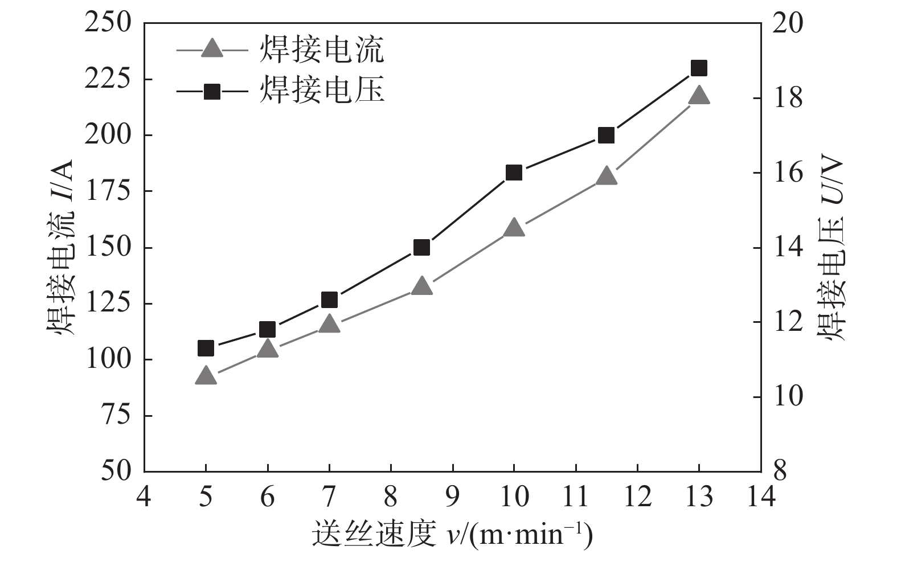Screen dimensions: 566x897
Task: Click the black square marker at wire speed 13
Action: click(699, 68)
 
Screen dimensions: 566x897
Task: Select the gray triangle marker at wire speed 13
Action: click(699, 96)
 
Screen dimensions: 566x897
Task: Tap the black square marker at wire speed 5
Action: click(206, 348)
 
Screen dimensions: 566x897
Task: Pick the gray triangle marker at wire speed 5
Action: click(206, 376)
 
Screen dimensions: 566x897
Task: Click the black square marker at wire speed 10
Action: click(514, 173)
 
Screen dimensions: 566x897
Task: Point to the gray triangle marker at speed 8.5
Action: click(421, 286)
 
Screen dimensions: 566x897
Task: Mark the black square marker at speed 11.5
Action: click(606, 136)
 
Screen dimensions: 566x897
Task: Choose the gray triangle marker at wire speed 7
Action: click(329, 324)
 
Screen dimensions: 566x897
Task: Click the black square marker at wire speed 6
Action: click(267, 329)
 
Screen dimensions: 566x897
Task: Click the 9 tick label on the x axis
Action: click(453, 497)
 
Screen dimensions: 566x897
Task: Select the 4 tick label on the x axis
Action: click(144, 497)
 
